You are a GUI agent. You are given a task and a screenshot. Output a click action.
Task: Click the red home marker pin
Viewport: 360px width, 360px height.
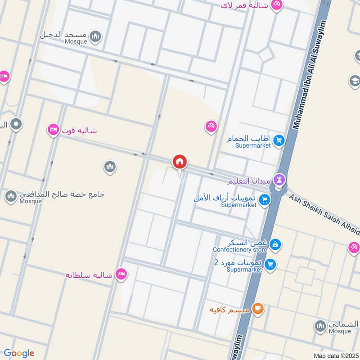point(180,162)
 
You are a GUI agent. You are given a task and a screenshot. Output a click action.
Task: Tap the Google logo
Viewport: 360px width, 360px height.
point(19,353)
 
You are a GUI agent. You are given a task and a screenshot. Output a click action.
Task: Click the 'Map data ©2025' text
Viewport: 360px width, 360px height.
point(335,355)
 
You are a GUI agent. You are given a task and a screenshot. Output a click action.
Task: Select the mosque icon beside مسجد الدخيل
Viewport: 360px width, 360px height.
point(95,36)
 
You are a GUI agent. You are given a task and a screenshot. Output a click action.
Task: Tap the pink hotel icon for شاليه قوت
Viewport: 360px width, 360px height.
point(53,130)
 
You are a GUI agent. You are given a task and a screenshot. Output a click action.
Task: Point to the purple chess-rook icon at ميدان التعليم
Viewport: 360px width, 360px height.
point(279,180)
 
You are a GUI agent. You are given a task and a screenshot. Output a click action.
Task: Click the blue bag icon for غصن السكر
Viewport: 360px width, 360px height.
point(275,245)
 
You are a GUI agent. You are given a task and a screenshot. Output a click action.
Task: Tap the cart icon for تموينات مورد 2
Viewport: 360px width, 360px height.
point(270,265)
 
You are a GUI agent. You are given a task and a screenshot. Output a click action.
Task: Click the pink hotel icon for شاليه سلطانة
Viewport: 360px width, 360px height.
point(121,274)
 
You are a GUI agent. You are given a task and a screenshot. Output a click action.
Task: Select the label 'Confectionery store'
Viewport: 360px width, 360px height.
point(240,250)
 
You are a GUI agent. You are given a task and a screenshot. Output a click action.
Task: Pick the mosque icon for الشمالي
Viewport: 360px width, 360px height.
point(320,326)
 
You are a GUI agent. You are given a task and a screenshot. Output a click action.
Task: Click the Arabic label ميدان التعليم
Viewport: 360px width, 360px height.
point(250,181)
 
